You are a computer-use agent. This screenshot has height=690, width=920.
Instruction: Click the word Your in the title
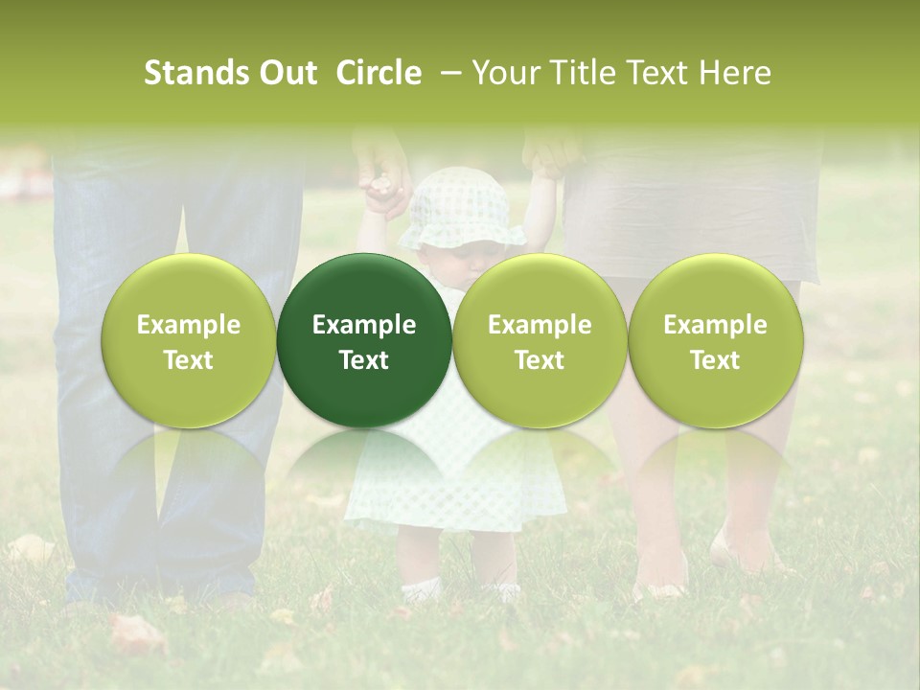[504, 73]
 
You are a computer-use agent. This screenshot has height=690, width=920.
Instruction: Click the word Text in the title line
[656, 73]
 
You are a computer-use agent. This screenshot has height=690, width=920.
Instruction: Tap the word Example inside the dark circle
[364, 325]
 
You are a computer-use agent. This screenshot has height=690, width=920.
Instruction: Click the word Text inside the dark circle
[364, 360]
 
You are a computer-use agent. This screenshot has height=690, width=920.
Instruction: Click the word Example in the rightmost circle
[715, 325]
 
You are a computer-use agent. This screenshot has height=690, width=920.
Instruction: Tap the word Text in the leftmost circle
[189, 360]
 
